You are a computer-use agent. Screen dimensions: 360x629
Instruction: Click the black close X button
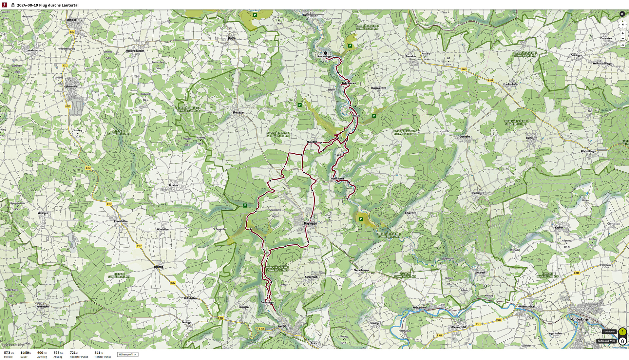coord(622,14)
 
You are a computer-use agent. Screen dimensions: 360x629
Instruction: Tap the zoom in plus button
coord(622,33)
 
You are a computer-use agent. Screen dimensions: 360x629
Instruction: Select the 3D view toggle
coord(622,45)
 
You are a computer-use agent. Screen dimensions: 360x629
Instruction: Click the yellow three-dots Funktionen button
coord(622,332)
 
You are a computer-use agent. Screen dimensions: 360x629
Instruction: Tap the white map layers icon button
coord(622,341)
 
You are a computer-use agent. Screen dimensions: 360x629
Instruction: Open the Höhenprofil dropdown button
coord(127,354)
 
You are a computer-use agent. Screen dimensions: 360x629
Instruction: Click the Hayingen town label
coord(310,223)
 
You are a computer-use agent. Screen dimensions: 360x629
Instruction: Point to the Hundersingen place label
coord(324,56)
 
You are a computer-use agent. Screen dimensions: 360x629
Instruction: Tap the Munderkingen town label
coord(580,319)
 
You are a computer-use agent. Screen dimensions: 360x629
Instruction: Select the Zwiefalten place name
coord(283,326)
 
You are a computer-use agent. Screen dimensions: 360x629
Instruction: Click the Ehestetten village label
coord(238,113)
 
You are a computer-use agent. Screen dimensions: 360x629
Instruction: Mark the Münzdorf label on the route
coord(312,142)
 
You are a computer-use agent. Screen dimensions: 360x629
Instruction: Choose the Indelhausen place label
coord(337,179)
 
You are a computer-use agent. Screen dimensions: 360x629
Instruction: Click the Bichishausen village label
coord(349,83)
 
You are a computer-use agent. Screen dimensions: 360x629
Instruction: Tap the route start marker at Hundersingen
coord(325,53)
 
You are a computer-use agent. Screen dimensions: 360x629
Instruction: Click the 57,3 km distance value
coord(9,353)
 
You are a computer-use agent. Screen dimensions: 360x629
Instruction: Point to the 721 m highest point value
coord(74,353)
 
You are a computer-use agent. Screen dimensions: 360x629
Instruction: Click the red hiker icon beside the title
coord(4,5)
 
